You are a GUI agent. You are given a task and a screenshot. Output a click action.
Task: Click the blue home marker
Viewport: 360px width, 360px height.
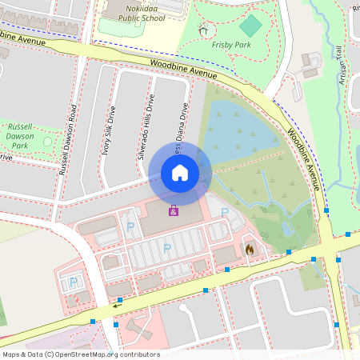(180, 172)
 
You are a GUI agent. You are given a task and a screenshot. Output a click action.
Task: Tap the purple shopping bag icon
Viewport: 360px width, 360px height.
(173, 210)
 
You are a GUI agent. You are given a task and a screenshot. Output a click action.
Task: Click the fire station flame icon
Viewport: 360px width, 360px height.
(250, 250)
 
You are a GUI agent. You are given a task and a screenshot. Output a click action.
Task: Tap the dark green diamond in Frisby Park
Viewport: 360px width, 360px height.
(250, 26)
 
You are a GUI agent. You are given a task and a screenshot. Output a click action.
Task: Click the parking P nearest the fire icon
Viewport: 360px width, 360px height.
(225, 212)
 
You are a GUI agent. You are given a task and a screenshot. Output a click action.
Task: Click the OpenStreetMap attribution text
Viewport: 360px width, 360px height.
(80, 354)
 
